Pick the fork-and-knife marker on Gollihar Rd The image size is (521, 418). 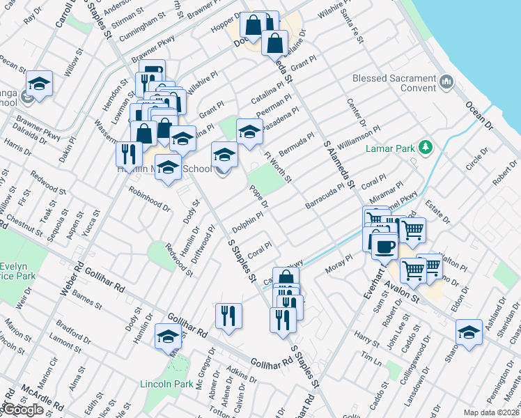point(228,315)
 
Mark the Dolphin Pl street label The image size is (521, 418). point(247,224)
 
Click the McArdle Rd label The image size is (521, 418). point(33,397)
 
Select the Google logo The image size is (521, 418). point(23,410)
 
